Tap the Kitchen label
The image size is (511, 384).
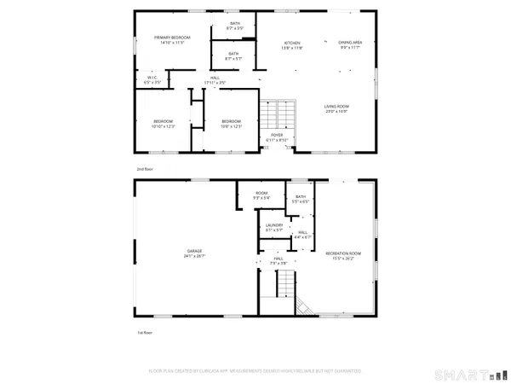pos(292,45)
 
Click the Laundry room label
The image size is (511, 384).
pos(273,227)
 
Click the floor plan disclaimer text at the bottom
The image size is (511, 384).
pos(255,371)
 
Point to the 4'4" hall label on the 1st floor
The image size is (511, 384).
pos(301,235)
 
